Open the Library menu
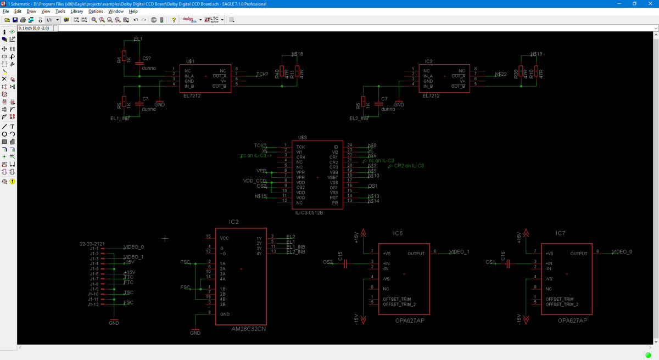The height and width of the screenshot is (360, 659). (x=77, y=11)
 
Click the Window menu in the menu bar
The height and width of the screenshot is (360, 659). (x=116, y=11)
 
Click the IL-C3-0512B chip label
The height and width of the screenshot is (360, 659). (x=309, y=212)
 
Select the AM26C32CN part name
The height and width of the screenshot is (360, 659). (x=249, y=330)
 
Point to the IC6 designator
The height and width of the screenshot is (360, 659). (x=398, y=233)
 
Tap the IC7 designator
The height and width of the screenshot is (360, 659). (x=561, y=233)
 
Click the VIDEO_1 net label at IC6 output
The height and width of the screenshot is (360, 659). (x=459, y=251)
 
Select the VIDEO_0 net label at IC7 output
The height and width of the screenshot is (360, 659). (x=622, y=251)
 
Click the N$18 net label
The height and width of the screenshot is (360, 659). (x=297, y=54)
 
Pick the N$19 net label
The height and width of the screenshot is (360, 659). (x=537, y=54)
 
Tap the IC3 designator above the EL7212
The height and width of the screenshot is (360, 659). (x=429, y=61)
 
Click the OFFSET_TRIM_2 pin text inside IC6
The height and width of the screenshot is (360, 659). (x=399, y=303)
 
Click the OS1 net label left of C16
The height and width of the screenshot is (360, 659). (x=491, y=262)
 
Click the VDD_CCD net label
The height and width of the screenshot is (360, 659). (x=254, y=181)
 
